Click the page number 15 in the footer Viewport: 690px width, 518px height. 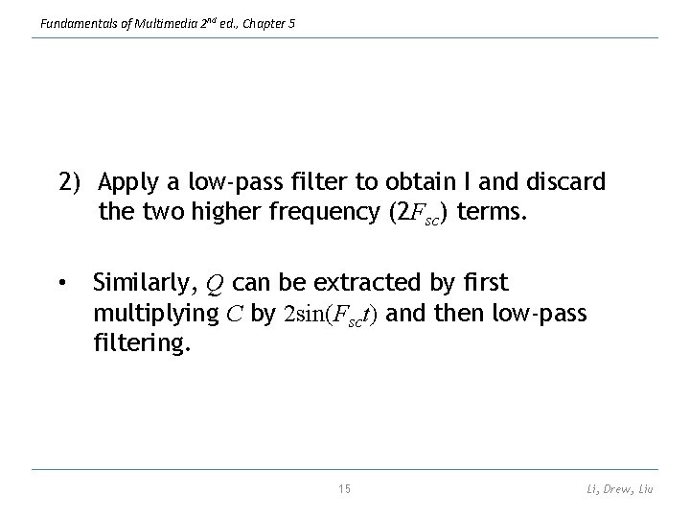point(345,489)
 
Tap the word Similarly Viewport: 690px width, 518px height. point(143,284)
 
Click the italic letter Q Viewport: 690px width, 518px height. point(216,285)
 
